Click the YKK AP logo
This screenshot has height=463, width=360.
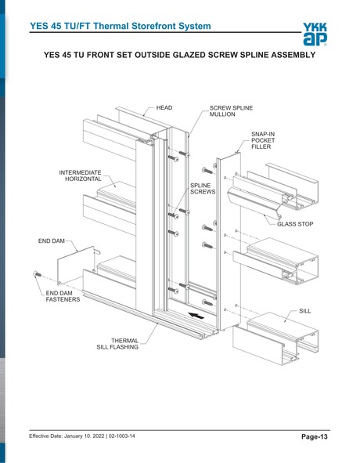(x=315, y=34)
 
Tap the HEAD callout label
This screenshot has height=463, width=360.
(x=164, y=108)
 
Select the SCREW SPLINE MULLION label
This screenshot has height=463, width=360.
(x=231, y=111)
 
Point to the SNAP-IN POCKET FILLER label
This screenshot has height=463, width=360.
(x=263, y=140)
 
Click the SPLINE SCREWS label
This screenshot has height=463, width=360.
(x=203, y=188)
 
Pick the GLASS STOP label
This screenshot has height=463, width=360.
(x=295, y=224)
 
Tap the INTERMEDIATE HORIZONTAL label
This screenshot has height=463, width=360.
(x=81, y=175)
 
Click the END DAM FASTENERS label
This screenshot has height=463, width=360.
(x=63, y=296)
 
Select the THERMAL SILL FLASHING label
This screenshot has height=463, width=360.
(x=117, y=344)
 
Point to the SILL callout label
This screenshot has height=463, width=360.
(x=304, y=311)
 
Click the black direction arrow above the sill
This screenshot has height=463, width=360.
(x=196, y=316)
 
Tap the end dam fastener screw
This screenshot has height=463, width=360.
(x=38, y=274)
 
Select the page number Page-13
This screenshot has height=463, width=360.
(x=315, y=436)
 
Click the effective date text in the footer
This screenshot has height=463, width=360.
(x=67, y=436)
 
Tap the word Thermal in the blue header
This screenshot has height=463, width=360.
(x=111, y=26)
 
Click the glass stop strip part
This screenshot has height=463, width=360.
(x=254, y=204)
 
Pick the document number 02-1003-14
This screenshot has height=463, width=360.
(x=122, y=436)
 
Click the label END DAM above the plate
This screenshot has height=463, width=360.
(x=52, y=241)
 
